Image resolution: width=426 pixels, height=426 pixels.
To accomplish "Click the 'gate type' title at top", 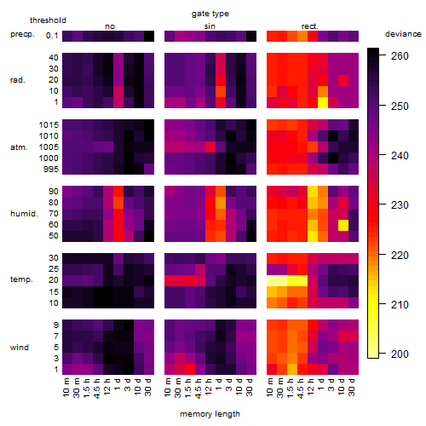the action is tap(210, 14).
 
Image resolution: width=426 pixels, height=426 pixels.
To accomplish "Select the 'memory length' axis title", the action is tap(210, 414).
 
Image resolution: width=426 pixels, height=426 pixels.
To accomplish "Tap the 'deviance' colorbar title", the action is tap(403, 34).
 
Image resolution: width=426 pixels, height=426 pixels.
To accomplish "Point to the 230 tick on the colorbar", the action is tap(383, 204).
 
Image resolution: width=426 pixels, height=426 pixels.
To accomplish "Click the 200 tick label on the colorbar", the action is tap(400, 354).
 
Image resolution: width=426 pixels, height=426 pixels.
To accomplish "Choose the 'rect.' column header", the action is tap(309, 26).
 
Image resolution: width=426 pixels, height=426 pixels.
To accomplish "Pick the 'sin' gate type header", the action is tap(210, 26).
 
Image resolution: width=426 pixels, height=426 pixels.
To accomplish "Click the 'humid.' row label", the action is tap(24, 214).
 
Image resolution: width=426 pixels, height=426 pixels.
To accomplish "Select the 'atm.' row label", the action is tap(19, 147).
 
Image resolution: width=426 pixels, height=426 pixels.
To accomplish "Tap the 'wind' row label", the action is tap(20, 348).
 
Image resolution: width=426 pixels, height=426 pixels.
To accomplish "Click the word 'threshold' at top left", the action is tap(48, 20).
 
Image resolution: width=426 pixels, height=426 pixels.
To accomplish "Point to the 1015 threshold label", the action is tap(49, 125).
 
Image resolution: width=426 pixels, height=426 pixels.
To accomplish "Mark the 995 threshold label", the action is tap(51, 170).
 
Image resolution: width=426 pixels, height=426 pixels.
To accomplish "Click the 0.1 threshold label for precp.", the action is tap(52, 36).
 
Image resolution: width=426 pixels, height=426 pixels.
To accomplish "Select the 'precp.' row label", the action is tap(22, 34).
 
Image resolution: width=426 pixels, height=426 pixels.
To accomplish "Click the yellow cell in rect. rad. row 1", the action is tap(323, 102).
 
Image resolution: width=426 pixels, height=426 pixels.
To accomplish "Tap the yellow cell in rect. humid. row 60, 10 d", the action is tap(343, 225).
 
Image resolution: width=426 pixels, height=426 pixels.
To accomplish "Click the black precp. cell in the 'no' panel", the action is tap(149, 36).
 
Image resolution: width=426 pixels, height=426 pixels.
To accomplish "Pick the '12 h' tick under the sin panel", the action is tap(208, 387).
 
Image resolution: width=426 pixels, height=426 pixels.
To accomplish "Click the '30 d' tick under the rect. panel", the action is tap(351, 387).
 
